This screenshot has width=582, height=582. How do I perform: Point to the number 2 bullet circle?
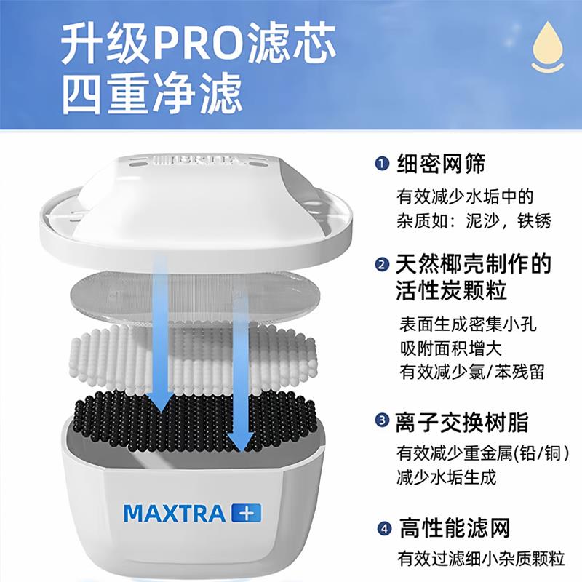[382, 263]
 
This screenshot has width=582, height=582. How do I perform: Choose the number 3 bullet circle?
[382, 420]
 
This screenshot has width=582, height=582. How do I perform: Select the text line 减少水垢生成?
[446, 478]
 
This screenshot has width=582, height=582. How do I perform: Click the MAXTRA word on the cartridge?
[175, 513]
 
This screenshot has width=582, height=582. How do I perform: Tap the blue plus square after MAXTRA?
[246, 512]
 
